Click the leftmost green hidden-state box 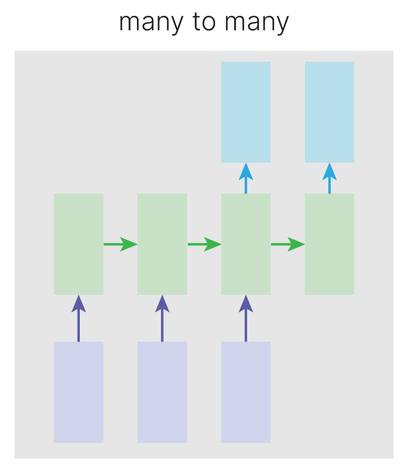click(79, 244)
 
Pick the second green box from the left click(162, 244)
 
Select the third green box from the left click(245, 244)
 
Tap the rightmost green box click(329, 244)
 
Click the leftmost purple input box click(79, 392)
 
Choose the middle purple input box click(162, 392)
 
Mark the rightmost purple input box click(245, 392)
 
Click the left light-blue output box click(245, 112)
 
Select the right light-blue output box click(329, 112)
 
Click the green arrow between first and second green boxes click(120, 244)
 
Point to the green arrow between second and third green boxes click(204, 244)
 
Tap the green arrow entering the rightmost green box click(287, 244)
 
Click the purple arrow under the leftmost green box click(79, 319)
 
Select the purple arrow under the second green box click(162, 319)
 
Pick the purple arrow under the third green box click(245, 319)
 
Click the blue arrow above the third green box click(245, 178)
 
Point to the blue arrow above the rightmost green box click(329, 178)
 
